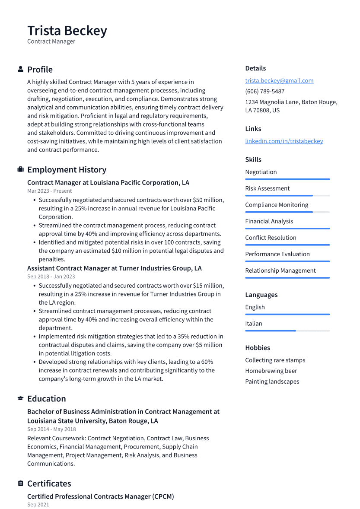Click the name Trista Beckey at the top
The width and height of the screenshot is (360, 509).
point(67,31)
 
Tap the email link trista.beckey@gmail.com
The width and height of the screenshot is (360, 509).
point(279,80)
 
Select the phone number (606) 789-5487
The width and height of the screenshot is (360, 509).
point(264,91)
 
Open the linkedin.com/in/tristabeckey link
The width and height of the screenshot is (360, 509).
point(284,141)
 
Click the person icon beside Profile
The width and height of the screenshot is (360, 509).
point(20,69)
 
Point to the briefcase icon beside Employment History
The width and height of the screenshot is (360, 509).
point(20,169)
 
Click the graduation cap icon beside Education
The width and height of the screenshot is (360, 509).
point(20,398)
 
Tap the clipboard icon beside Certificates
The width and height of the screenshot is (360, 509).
point(20,483)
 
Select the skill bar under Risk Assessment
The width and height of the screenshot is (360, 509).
point(287,196)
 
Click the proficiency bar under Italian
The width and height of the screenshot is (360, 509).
point(287,331)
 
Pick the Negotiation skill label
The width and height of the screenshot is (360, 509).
point(261,172)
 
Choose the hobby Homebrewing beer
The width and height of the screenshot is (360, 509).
point(271,371)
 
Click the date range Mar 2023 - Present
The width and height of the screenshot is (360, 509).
point(49,191)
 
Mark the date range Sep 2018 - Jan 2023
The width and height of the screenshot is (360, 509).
point(51,277)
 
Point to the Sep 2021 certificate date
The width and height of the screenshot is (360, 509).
point(38,505)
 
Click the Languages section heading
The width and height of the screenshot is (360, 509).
point(261,295)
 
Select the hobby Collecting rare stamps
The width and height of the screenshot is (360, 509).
point(275,360)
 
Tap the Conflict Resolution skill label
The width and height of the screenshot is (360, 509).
point(271,238)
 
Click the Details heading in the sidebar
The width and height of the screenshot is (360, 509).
point(255,68)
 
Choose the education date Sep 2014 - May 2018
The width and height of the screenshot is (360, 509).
point(51,429)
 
